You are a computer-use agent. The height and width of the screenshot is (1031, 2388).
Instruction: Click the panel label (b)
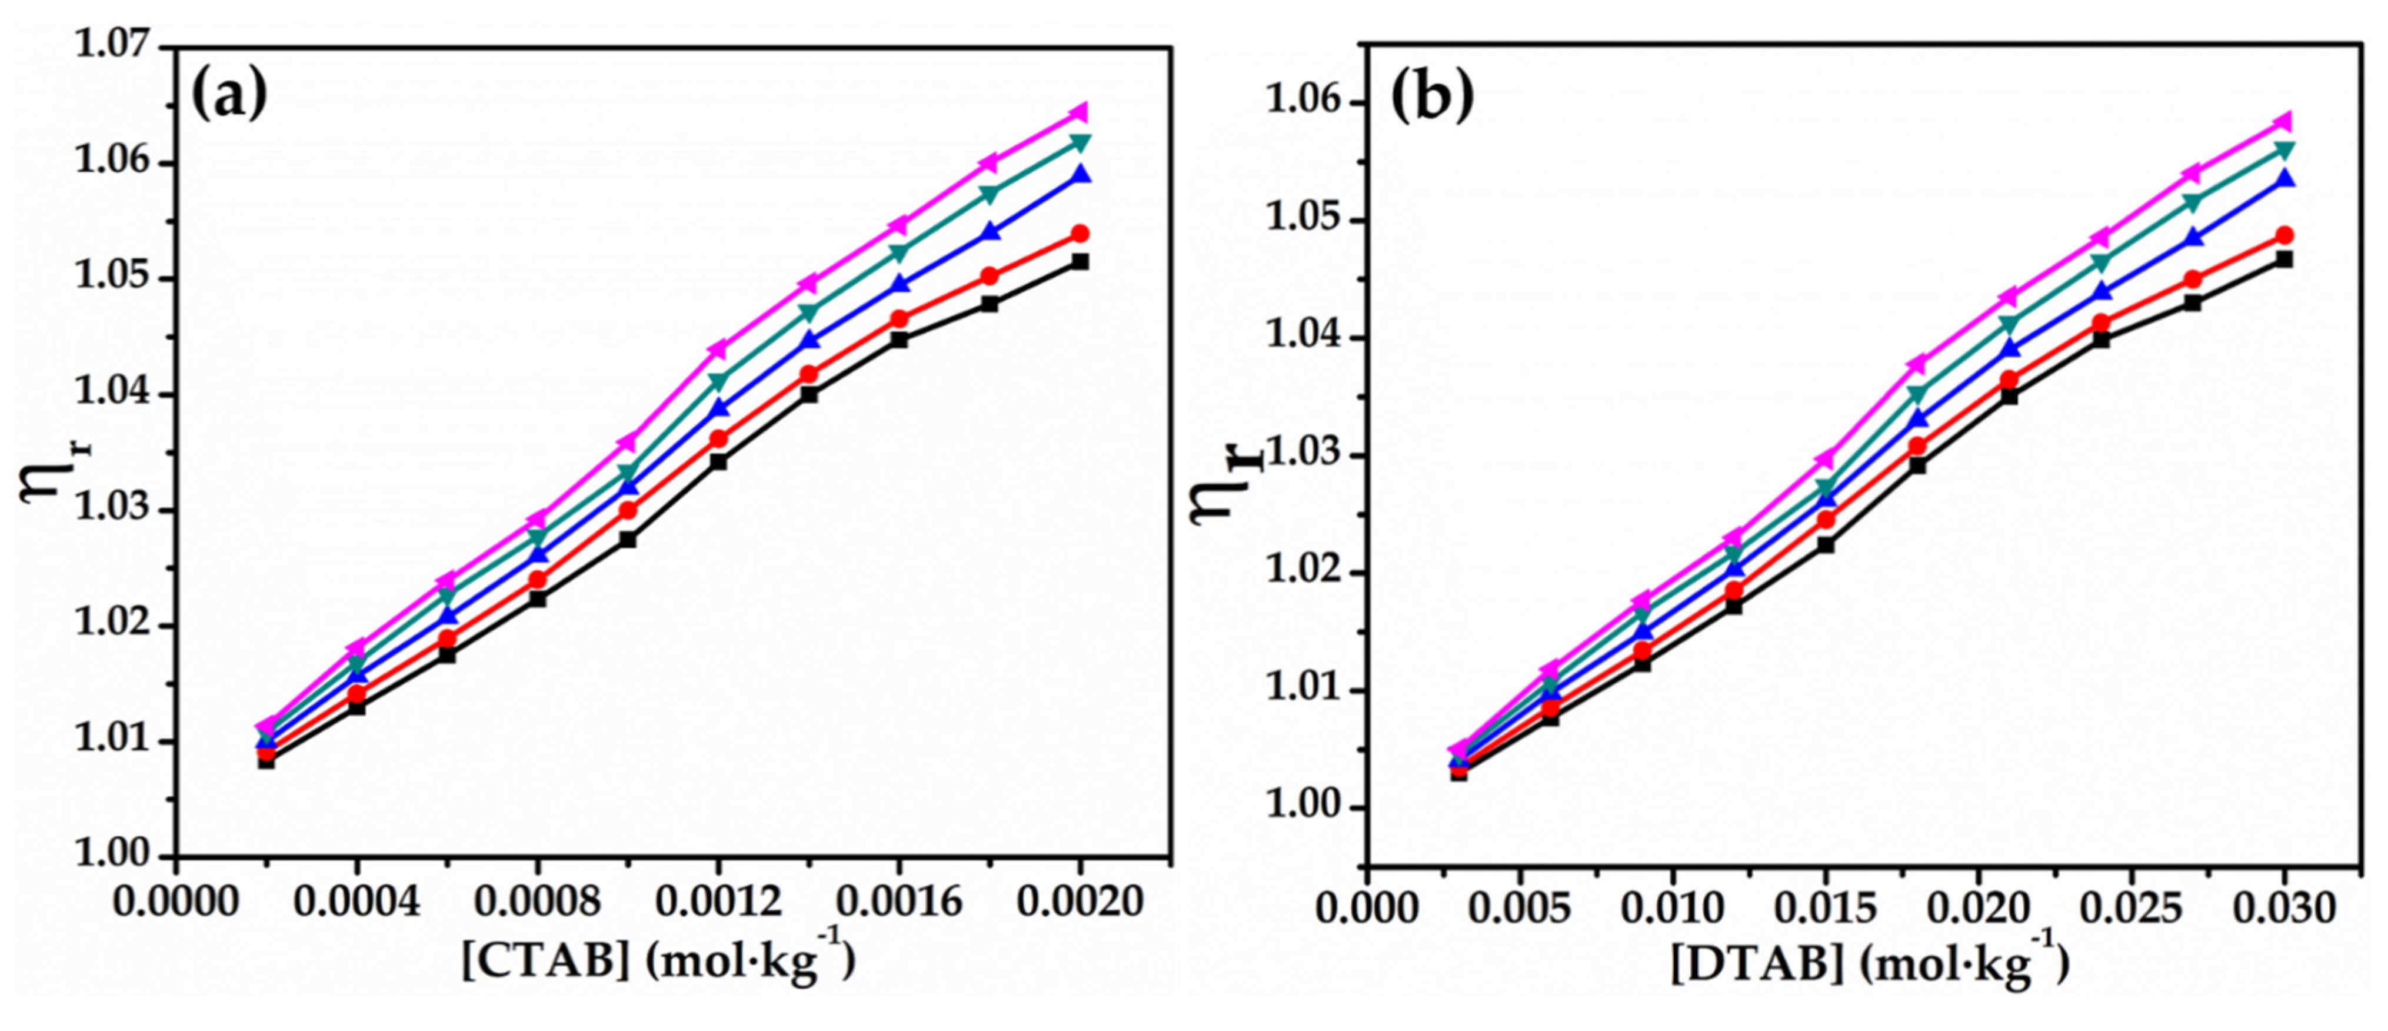[x=1431, y=99]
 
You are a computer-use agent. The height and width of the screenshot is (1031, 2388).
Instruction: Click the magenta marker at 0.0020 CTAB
[x=1079, y=113]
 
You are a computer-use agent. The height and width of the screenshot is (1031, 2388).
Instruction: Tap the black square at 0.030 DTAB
[x=2285, y=259]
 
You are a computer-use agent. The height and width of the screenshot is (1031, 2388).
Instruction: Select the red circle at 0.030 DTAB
[x=2285, y=235]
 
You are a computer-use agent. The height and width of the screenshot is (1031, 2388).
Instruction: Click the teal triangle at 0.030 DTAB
[x=2285, y=150]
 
